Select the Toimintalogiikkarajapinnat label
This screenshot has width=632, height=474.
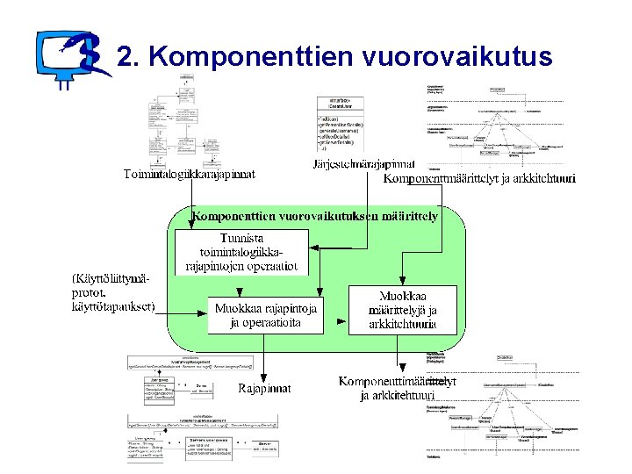189,175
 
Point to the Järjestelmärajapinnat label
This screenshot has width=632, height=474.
364,164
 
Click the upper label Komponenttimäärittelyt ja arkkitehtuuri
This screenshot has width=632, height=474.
479,179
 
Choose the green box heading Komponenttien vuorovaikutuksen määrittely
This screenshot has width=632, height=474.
316,215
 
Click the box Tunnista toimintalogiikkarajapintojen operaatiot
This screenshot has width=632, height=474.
241,252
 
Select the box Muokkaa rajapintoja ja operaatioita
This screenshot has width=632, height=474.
265,314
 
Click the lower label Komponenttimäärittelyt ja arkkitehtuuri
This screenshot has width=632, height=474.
398,388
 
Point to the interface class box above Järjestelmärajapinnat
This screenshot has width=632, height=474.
346,123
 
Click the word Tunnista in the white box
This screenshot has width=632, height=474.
242,238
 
